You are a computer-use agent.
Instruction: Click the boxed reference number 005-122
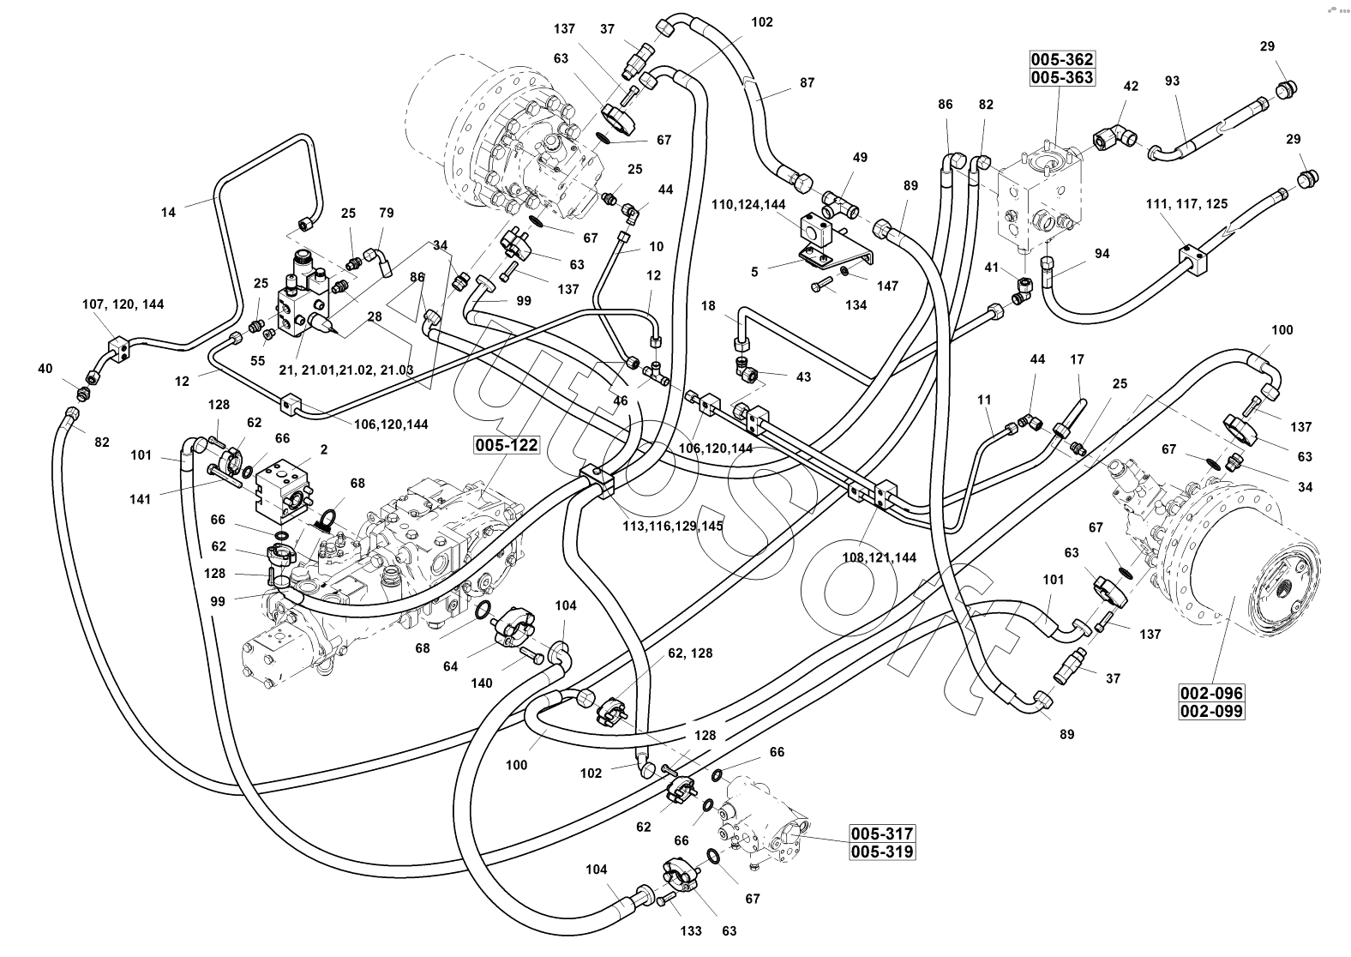tap(506, 444)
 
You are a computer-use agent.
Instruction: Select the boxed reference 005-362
tap(1062, 60)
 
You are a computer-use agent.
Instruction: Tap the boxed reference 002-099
tap(1210, 710)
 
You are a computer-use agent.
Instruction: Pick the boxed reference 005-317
tap(883, 834)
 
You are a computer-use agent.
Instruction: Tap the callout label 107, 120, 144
tap(123, 304)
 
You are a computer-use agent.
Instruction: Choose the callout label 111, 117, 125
tap(1186, 204)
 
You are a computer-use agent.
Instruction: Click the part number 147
tap(886, 286)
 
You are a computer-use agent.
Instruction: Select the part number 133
tap(691, 931)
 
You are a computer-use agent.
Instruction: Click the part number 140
tap(482, 683)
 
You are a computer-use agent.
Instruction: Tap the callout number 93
tap(1172, 81)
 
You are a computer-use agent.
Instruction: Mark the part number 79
tap(387, 214)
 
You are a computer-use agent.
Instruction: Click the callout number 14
tap(168, 212)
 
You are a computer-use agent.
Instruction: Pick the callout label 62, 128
tap(690, 653)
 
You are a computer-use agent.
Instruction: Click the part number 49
tap(860, 157)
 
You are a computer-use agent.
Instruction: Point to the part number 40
tap(45, 369)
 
